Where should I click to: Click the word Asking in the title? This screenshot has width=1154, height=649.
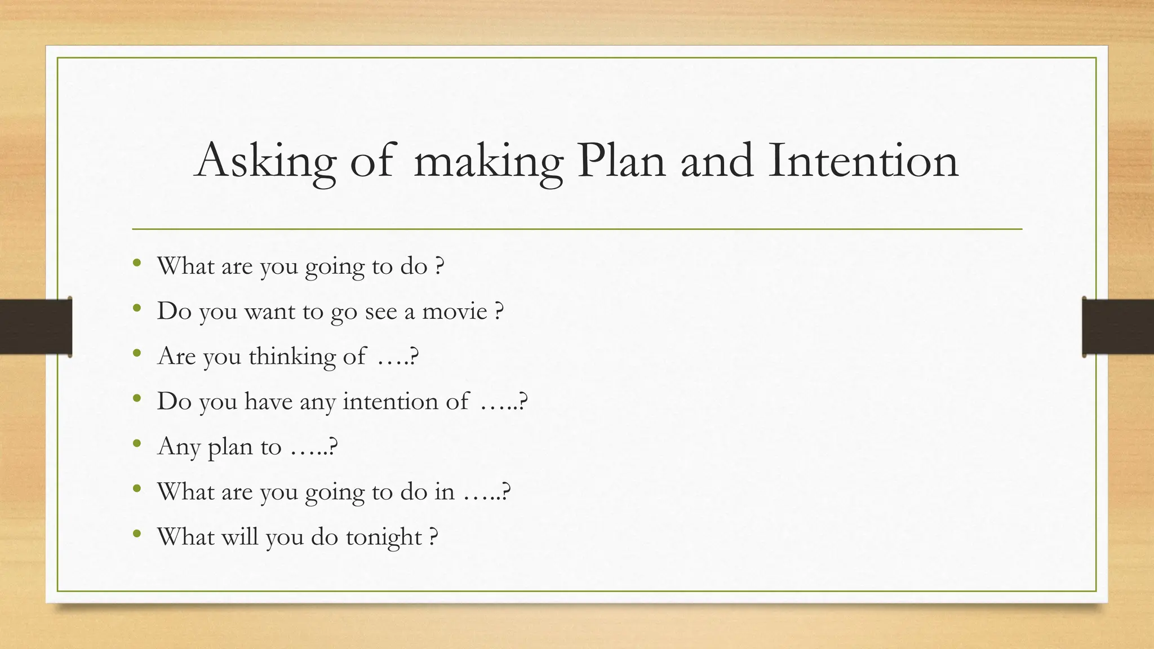click(265, 161)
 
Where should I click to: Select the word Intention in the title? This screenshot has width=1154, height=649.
click(863, 161)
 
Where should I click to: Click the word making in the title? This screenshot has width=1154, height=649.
click(488, 161)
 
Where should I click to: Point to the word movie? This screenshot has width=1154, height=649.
click(455, 312)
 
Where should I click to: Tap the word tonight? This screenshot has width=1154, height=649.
click(384, 537)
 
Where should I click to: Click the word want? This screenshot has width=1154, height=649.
click(269, 312)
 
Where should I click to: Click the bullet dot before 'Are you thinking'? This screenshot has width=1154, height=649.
click(137, 354)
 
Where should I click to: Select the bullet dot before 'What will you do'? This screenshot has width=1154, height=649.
click(137, 534)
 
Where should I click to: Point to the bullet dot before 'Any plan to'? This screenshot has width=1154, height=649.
click(137, 444)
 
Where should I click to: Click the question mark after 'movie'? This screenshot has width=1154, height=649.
click(499, 312)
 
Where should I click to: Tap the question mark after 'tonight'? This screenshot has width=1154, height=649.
click(433, 537)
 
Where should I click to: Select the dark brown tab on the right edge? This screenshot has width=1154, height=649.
click(1118, 327)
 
